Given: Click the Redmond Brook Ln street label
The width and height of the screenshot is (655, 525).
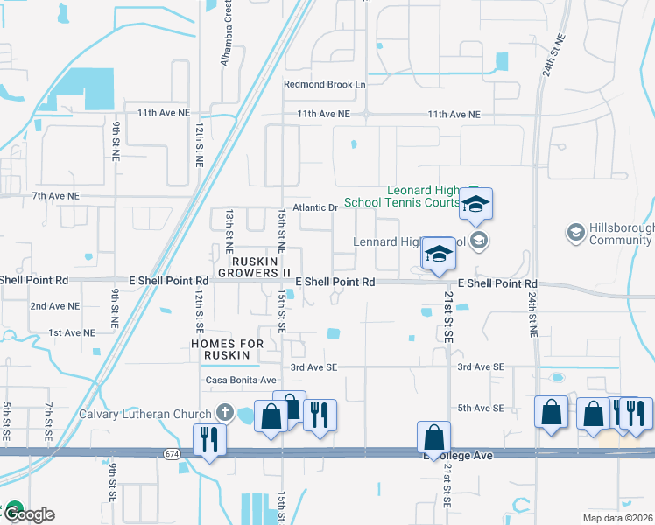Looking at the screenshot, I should coord(324,85).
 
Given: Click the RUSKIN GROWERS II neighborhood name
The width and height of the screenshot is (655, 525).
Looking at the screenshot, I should coord(261,267).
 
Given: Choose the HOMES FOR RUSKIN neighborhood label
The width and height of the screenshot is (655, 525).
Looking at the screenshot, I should coord(227,349).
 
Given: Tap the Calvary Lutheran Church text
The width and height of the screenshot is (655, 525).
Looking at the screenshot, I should coord(145,414).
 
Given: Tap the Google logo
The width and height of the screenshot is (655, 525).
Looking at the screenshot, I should coord(28,514).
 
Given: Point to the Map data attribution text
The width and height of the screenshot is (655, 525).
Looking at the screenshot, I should coord(618,517).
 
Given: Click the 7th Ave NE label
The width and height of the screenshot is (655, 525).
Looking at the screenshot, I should coord(55,196).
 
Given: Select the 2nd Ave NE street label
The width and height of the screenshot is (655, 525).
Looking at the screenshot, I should coord(55,307).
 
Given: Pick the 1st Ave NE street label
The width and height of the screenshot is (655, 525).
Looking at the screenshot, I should coord(71,332).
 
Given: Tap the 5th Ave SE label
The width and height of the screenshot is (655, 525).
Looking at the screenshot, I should coord(481,409).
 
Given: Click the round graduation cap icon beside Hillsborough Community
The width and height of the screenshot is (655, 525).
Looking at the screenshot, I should coord(576,233).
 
